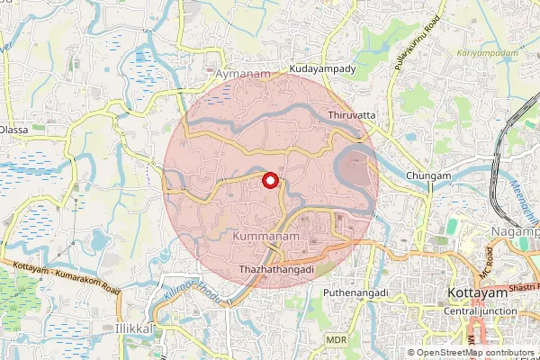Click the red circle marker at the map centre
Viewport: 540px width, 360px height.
(x=269, y=180)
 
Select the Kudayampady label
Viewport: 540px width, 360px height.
(x=323, y=68)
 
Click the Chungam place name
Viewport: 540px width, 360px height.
(x=427, y=175)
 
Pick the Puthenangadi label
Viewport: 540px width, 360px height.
(x=355, y=292)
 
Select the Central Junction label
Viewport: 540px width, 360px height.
(x=481, y=310)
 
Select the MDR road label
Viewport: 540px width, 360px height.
(x=337, y=339)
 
